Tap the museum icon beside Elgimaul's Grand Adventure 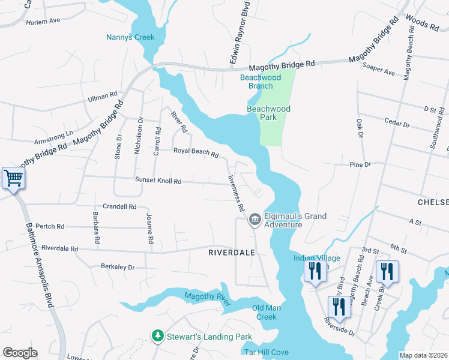255,220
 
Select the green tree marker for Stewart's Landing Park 158,337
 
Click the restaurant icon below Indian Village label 315,271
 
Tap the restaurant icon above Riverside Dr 339,307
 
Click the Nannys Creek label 130,37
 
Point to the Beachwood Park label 268,113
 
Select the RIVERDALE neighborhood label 232,253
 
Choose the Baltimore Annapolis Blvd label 40,265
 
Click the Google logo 20,353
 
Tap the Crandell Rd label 119,206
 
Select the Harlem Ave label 43,21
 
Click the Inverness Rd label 235,192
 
